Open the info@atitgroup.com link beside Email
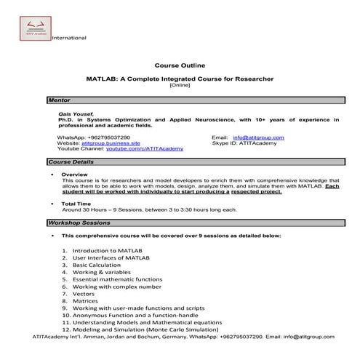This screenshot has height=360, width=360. point(259,137)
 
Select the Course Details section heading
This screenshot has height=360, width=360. point(71,161)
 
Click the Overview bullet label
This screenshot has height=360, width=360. point(75,175)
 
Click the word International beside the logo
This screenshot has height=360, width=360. point(69,38)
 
